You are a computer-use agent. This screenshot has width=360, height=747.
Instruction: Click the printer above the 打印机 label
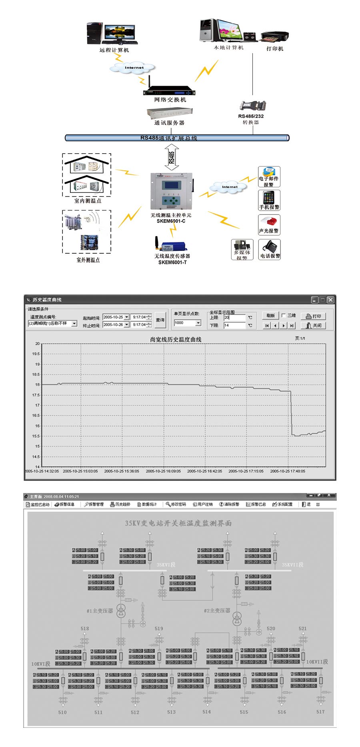tap(275, 36)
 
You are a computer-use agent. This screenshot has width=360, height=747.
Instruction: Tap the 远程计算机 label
tap(114, 50)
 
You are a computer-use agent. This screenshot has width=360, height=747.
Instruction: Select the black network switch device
tap(169, 91)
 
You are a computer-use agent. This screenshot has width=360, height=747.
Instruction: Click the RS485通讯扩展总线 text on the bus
tap(169, 138)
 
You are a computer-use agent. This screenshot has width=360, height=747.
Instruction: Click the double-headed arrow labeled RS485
tap(172, 157)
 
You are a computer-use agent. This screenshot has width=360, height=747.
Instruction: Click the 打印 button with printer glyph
tap(313, 316)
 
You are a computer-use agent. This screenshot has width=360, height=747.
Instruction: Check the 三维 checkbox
tap(284, 316)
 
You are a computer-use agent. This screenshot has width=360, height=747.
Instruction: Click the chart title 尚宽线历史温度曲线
tap(176, 339)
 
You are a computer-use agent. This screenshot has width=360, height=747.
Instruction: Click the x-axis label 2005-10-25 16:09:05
tap(163, 471)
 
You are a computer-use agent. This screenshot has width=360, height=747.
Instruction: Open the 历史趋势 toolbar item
tap(120, 504)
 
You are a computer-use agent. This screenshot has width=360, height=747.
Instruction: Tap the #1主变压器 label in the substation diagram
tap(100, 611)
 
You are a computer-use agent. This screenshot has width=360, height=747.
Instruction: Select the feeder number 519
tap(159, 629)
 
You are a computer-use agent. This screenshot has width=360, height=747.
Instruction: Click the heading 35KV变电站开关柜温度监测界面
tap(178, 523)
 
